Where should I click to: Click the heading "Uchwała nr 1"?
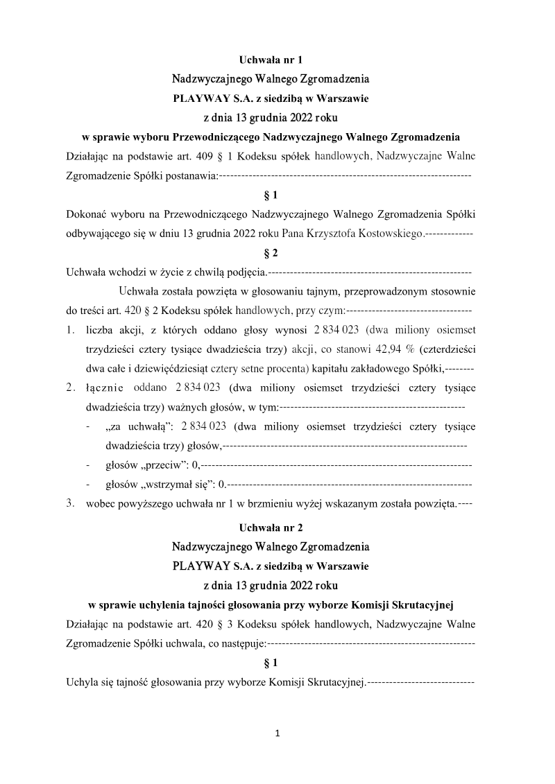tap(271, 60)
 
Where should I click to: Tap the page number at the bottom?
tap(277, 733)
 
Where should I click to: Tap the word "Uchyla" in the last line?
tap(80, 681)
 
